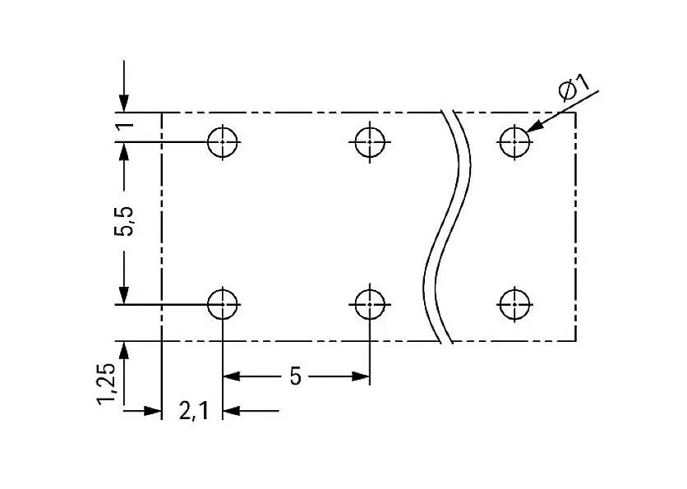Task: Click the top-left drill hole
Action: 222,141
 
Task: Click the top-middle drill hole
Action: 369,141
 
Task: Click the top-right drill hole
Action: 514,141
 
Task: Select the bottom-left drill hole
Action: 222,304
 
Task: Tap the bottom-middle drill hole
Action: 369,304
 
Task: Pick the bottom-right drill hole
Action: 514,304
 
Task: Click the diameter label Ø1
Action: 574,87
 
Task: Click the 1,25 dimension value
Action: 107,386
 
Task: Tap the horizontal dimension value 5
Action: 295,376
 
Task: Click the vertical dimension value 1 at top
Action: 124,127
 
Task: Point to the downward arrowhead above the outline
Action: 124,104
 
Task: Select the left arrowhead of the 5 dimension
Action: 231,376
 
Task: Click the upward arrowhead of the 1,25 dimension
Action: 124,350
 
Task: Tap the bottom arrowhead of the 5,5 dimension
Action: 124,295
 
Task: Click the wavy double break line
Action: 449,226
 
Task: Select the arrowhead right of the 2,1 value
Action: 231,410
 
